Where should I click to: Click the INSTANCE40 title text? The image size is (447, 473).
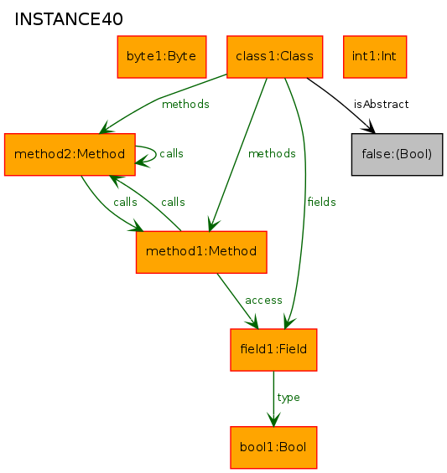click(69, 19)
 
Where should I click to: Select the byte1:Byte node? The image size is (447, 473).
click(162, 57)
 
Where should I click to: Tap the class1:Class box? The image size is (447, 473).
click(275, 57)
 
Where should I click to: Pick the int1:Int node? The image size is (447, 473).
click(375, 57)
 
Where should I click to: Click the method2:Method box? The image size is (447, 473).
click(70, 154)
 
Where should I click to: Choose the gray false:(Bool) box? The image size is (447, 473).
click(398, 154)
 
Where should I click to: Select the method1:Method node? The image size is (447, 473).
click(201, 252)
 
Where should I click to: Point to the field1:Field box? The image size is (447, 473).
click(273, 350)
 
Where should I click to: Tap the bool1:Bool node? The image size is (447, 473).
click(273, 448)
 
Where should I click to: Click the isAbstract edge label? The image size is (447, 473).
click(381, 105)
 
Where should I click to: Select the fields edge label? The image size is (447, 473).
click(321, 202)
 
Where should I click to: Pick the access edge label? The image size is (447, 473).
click(263, 301)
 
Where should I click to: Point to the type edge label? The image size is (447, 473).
click(288, 398)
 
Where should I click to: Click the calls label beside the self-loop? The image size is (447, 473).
click(171, 154)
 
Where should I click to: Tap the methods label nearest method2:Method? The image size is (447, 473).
click(185, 105)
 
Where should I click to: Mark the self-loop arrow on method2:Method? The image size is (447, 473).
click(156, 154)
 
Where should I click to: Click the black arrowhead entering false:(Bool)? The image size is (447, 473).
click(369, 127)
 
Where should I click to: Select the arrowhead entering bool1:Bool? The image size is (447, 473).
click(273, 420)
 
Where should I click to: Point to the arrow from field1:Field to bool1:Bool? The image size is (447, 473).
click(273, 398)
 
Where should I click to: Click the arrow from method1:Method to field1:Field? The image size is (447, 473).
click(238, 301)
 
